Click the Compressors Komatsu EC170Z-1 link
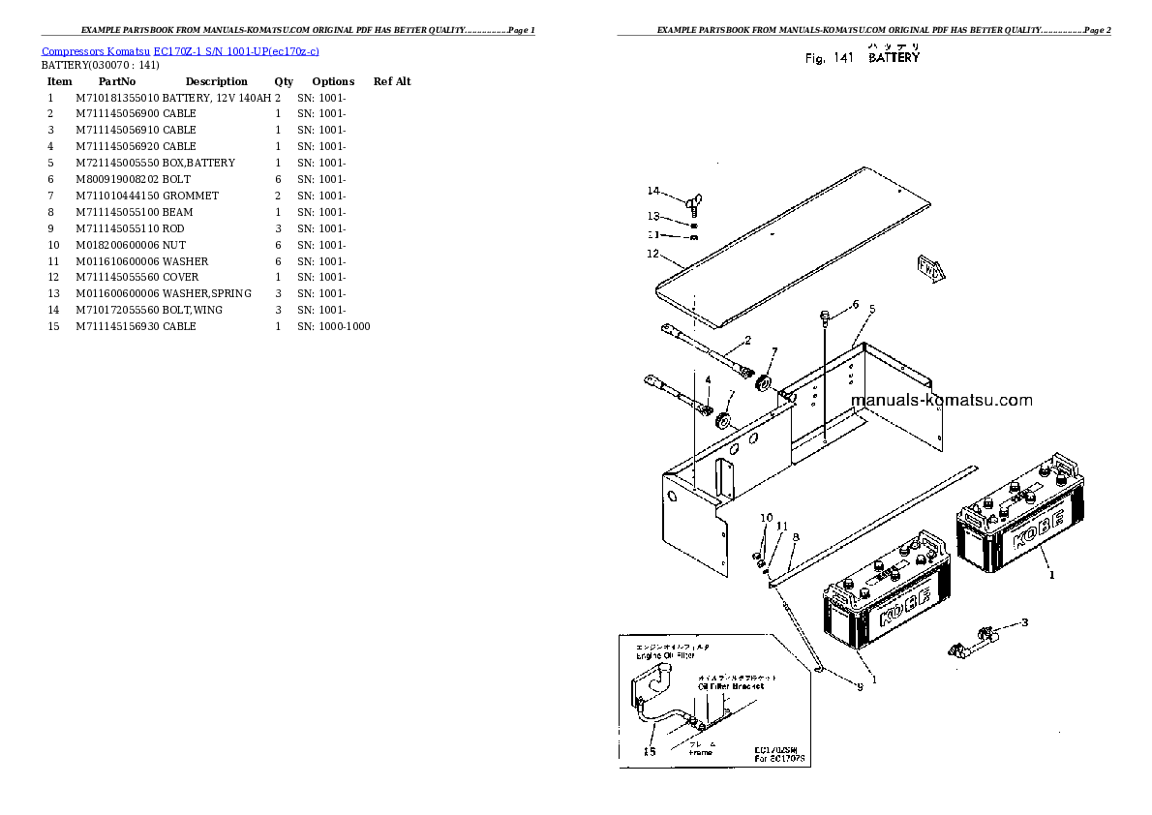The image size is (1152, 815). click(180, 50)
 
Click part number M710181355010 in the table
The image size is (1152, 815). click(117, 98)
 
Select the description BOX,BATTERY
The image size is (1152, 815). click(198, 163)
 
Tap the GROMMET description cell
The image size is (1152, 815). click(191, 196)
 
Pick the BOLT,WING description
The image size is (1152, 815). click(193, 310)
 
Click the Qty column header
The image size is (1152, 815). click(284, 81)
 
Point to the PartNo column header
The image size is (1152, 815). click(117, 81)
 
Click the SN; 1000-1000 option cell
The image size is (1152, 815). click(333, 326)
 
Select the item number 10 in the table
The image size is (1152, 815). click(53, 245)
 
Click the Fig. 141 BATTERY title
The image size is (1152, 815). click(863, 58)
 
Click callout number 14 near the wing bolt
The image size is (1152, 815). click(653, 191)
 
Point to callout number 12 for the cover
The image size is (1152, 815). click(652, 255)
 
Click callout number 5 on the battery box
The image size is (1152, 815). click(871, 309)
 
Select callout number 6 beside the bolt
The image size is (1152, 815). click(855, 305)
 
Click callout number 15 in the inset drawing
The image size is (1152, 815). click(649, 750)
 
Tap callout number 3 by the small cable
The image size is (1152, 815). click(1025, 621)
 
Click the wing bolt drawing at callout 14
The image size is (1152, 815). click(693, 203)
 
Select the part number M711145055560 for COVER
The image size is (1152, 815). click(117, 277)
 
